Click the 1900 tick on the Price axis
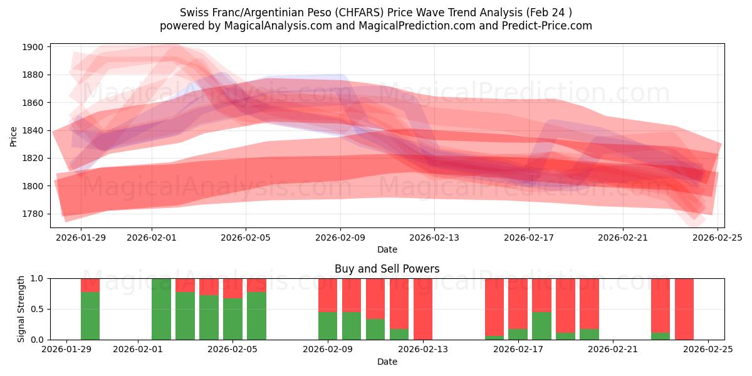(34, 47)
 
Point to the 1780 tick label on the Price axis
(34, 214)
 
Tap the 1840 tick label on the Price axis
(34, 130)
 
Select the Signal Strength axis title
(21, 309)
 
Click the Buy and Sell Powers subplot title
(387, 269)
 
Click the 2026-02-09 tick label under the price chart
(340, 238)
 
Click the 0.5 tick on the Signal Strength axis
(37, 309)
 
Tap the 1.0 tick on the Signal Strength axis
(37, 278)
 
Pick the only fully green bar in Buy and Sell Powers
(161, 309)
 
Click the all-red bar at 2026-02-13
(423, 309)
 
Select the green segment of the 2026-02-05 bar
(232, 320)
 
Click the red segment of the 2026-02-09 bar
(328, 295)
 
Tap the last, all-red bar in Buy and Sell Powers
(684, 309)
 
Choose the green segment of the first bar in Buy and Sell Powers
(90, 316)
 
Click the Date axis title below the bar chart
(387, 362)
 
